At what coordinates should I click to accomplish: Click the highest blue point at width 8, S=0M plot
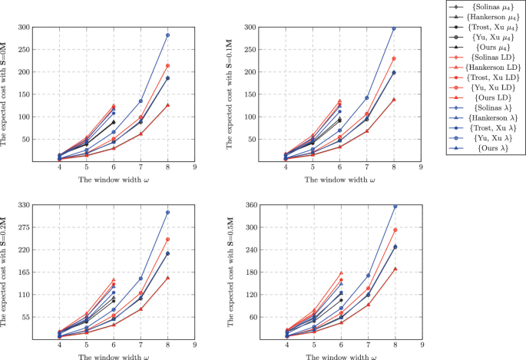click(x=167, y=35)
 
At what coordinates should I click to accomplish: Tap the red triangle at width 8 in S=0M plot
click(x=167, y=105)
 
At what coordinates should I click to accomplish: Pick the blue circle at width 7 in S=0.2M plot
click(x=141, y=279)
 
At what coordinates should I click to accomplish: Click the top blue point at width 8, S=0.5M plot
click(x=395, y=206)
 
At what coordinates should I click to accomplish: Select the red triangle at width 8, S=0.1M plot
click(x=395, y=100)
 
